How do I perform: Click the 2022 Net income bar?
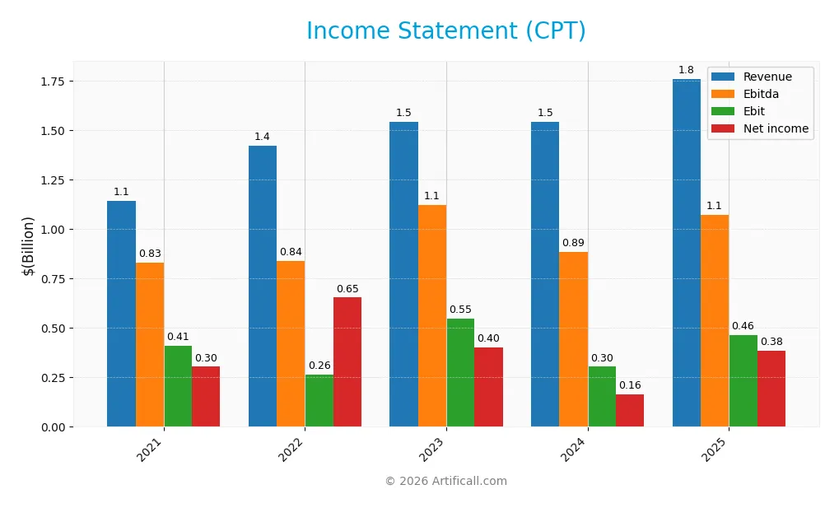(x=347, y=362)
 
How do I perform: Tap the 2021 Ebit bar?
(x=178, y=386)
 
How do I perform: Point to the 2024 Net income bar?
(x=630, y=410)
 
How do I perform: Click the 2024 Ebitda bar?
(x=574, y=339)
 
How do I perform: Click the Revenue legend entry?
(x=767, y=77)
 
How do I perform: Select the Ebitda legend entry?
(x=761, y=94)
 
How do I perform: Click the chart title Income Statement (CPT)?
(x=446, y=30)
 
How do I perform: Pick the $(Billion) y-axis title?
(x=28, y=246)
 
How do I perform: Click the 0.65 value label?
(x=347, y=289)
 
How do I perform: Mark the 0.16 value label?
(x=630, y=385)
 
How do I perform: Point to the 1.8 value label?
(x=687, y=70)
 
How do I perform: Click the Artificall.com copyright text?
(x=446, y=482)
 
